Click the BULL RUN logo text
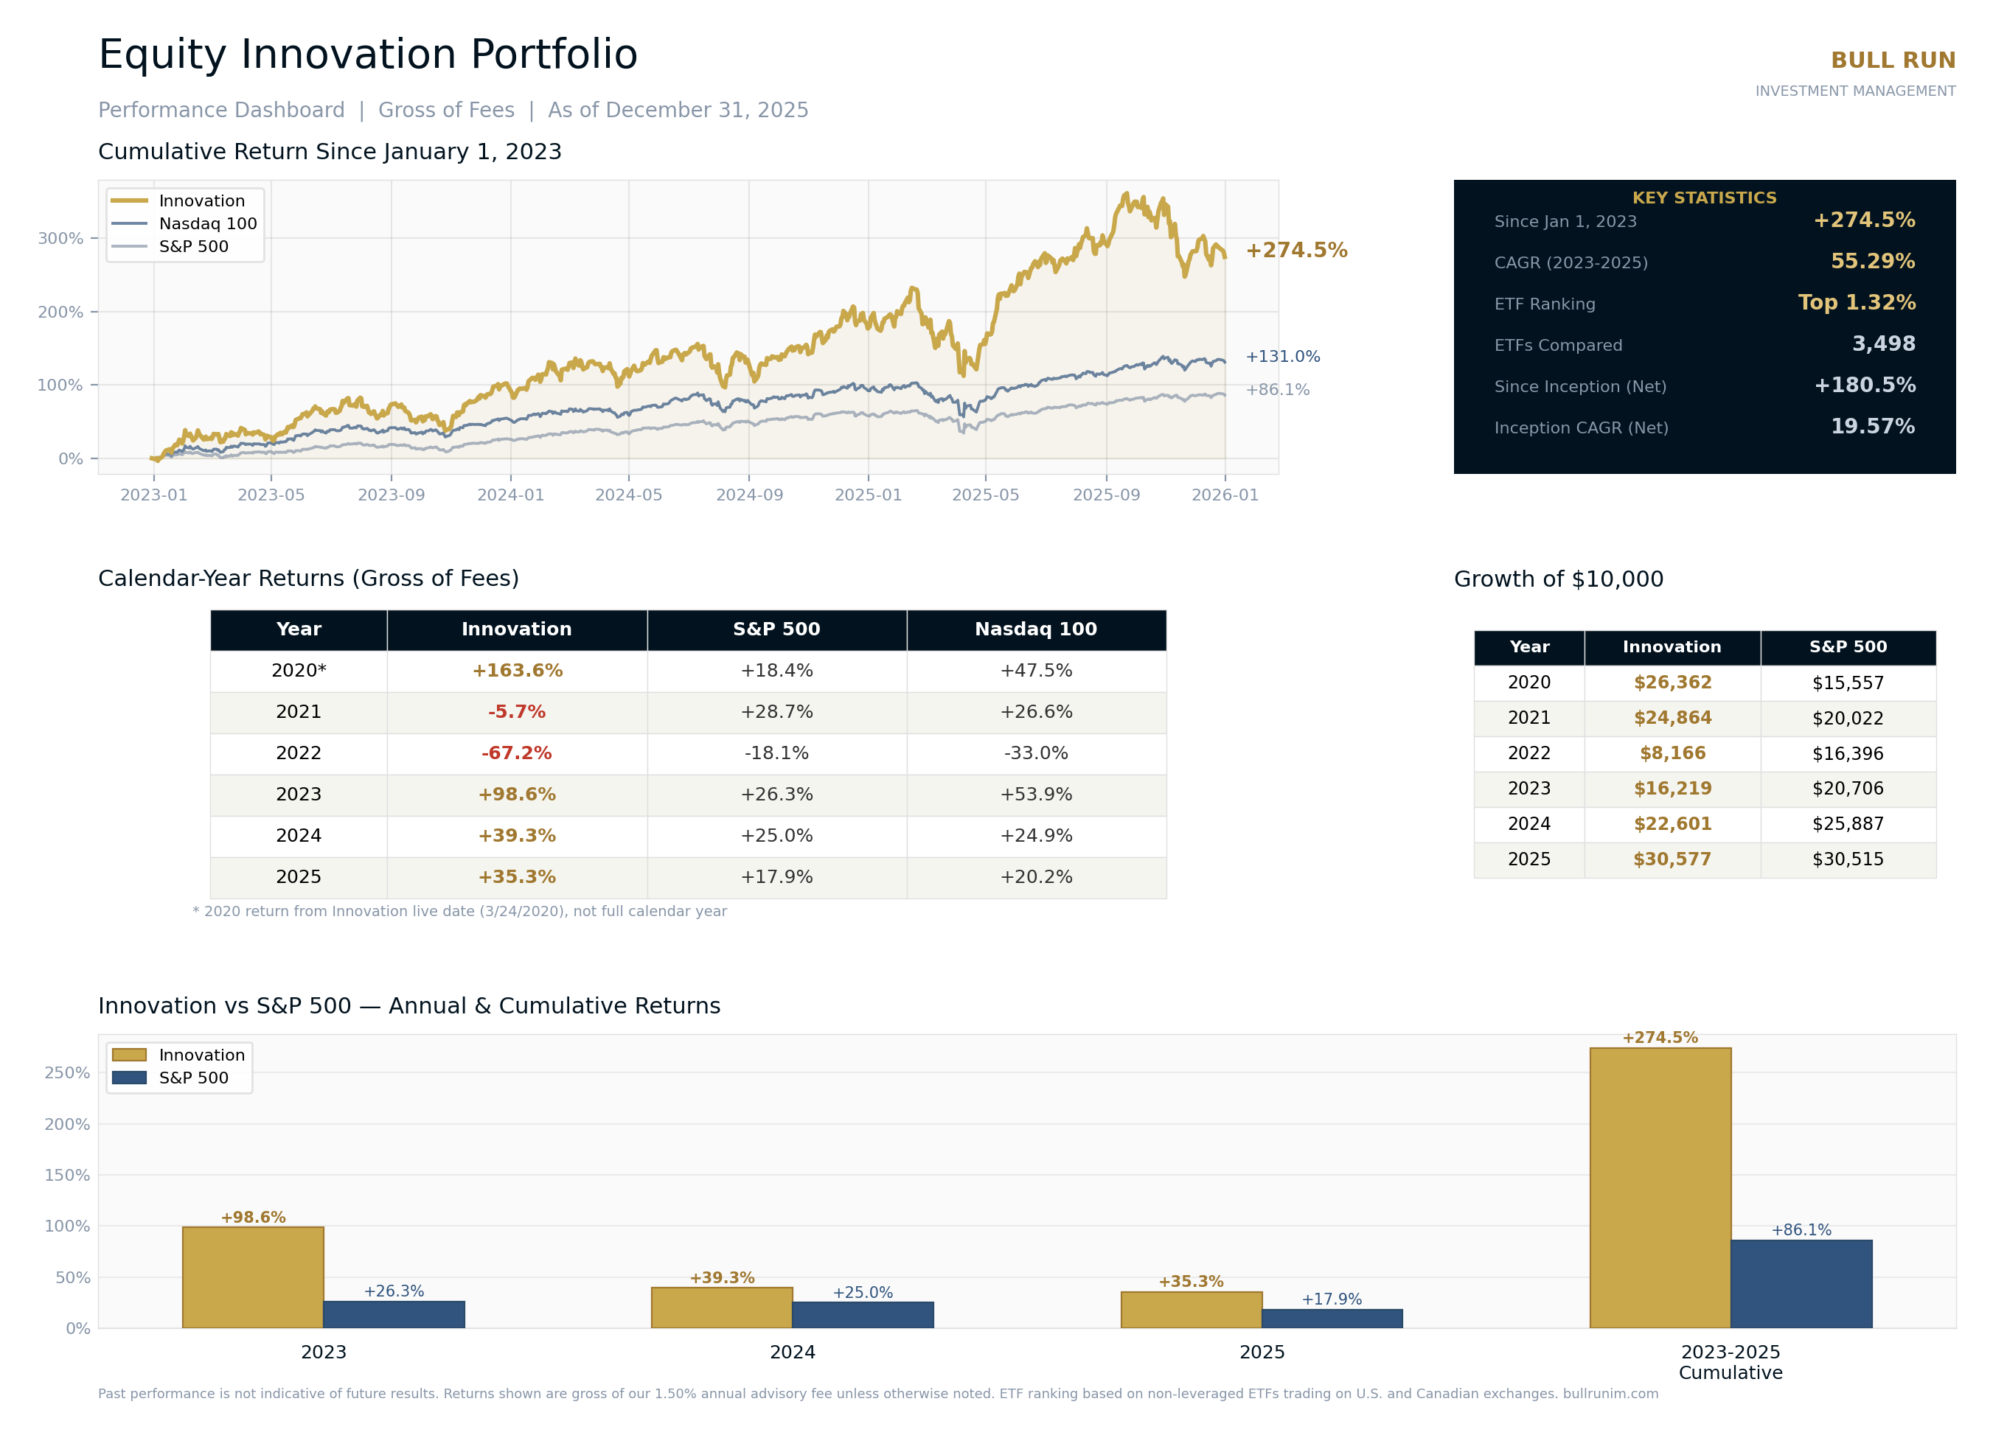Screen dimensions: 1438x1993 [x=1892, y=60]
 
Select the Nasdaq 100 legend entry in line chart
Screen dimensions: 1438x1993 [x=207, y=224]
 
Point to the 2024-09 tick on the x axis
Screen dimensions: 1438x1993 [x=748, y=495]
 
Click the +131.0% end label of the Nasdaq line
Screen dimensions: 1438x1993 [x=1282, y=357]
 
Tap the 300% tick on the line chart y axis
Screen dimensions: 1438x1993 [x=60, y=239]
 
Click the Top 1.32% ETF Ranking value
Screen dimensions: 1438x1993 [x=1856, y=303]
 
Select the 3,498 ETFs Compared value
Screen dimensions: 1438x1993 [x=1883, y=344]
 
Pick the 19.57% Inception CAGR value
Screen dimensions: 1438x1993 [x=1872, y=427]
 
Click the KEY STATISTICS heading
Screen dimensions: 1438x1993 [x=1704, y=198]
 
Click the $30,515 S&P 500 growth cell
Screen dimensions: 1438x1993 [x=1847, y=860]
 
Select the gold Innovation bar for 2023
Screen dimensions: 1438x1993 [x=253, y=1277]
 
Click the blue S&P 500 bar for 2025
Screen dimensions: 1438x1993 [x=1332, y=1319]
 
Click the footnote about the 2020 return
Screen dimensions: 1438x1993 [x=459, y=912]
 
